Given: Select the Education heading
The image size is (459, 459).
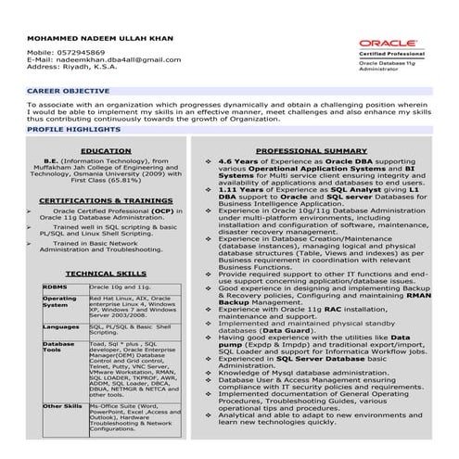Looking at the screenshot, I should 105,149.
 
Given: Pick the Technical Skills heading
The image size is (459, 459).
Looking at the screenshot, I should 105,274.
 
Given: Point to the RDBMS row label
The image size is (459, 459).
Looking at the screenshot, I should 55,288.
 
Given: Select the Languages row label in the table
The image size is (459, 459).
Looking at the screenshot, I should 61,326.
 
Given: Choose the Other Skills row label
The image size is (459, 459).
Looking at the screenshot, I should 62,406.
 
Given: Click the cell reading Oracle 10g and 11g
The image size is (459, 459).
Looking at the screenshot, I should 120,288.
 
